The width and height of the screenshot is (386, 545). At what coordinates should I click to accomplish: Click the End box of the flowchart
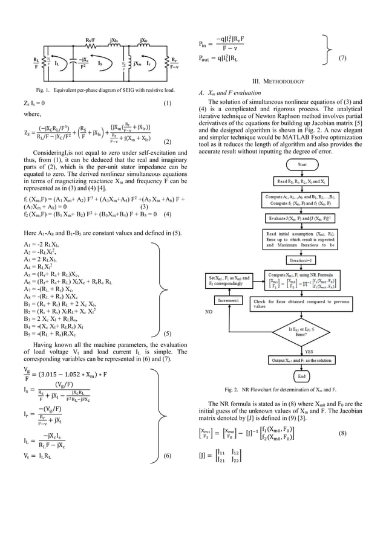(x=301, y=375)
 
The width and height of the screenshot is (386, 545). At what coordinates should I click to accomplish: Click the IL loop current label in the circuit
(x=56, y=63)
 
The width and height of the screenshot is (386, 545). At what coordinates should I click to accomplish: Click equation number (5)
(x=168, y=332)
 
